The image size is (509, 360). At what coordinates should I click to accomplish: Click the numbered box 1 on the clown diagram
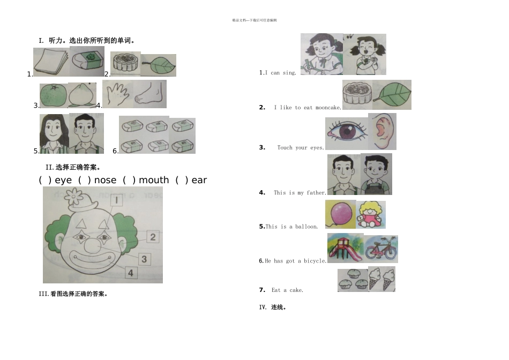pos(116,200)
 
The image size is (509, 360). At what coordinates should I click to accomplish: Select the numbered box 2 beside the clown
pos(153,236)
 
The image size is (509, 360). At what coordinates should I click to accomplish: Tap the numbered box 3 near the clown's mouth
pos(144,259)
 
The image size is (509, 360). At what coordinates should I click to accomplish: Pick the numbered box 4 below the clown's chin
pos(130,273)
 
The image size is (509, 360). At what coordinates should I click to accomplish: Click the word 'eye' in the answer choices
pos(63,180)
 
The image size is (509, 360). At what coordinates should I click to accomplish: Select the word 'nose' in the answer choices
pos(105,180)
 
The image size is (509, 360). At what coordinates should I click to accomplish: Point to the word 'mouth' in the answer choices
pos(154,180)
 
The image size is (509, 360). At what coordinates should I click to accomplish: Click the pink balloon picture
pos(340,214)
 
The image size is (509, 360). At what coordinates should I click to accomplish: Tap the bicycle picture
pos(381,249)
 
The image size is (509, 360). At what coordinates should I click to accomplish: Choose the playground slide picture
pos(345,248)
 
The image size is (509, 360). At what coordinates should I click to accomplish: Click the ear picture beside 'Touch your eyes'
pos(383,132)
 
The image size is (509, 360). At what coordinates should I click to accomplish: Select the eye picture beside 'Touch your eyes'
pos(346,133)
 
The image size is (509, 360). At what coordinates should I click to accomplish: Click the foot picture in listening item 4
pos(150,95)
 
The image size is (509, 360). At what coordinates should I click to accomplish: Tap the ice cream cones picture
pos(382,279)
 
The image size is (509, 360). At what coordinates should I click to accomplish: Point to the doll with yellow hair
pos(370,215)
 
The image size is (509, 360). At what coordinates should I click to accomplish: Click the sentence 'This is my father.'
pos(300,193)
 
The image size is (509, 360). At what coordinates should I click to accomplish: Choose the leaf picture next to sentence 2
pos(392,95)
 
